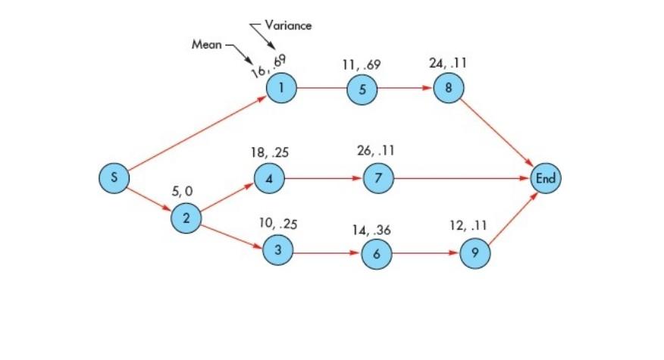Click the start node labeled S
[x=114, y=177]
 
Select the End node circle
[x=545, y=179]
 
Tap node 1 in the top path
[x=281, y=87]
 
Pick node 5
[x=362, y=89]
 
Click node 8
[x=448, y=88]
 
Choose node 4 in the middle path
[x=268, y=180]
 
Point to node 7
[x=377, y=179]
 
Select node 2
[x=186, y=218]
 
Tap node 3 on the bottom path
[x=277, y=250]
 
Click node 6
[x=376, y=255]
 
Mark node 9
[x=475, y=254]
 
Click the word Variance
[x=288, y=25]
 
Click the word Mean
[x=206, y=44]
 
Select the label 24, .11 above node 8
[x=447, y=64]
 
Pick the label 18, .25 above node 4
[x=270, y=152]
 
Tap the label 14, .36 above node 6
[x=372, y=230]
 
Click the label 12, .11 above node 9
[x=467, y=227]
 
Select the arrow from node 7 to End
[x=461, y=179]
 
